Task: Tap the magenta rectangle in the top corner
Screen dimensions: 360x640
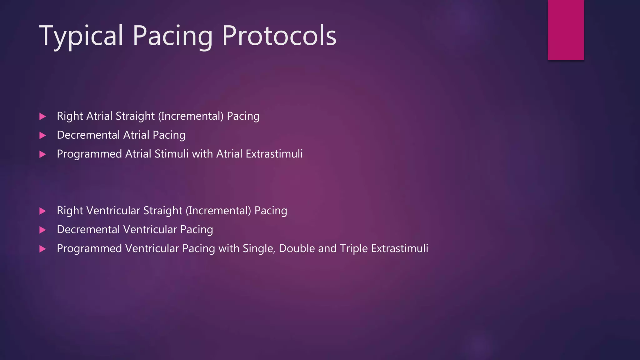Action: [x=566, y=30]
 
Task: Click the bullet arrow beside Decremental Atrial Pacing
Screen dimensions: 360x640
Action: [x=43, y=136]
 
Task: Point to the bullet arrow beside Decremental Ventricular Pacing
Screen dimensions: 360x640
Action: [x=43, y=230]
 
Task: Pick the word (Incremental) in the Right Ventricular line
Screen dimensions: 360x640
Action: [x=218, y=211]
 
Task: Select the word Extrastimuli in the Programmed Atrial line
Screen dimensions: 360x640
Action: [x=274, y=154]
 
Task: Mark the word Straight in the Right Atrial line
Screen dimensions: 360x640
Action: [x=135, y=116]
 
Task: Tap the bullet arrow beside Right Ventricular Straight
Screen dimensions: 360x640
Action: [x=43, y=211]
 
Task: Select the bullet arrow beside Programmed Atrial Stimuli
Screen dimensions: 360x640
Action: [x=43, y=154]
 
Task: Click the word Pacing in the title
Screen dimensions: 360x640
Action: [x=172, y=36]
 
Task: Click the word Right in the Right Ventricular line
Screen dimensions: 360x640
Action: [x=70, y=211]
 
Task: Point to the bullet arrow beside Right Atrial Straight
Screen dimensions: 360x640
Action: [x=43, y=117]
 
